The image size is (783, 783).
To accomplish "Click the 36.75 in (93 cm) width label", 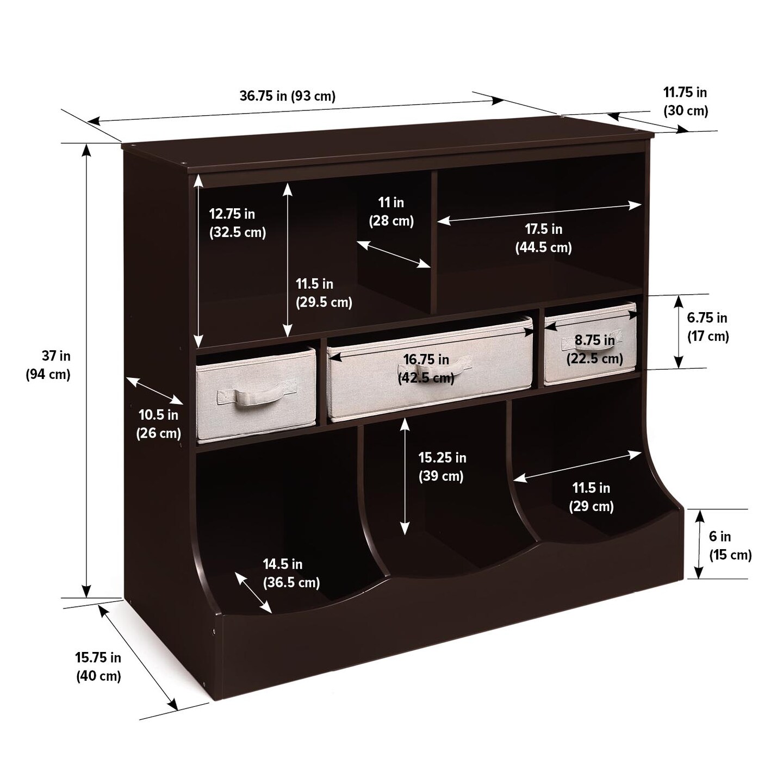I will pyautogui.click(x=287, y=96).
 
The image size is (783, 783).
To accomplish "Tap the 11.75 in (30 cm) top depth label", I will pyautogui.click(x=685, y=102).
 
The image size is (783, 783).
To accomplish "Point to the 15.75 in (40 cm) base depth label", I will pyautogui.click(x=98, y=667).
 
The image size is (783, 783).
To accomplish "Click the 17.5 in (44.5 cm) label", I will pyautogui.click(x=543, y=238).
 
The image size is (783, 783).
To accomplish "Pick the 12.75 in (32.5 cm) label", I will pyautogui.click(x=238, y=223).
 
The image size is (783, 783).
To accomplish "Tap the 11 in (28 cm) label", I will pyautogui.click(x=391, y=212).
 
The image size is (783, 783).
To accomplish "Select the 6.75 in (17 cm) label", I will pyautogui.click(x=707, y=327).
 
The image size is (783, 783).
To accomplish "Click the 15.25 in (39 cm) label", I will pyautogui.click(x=442, y=467).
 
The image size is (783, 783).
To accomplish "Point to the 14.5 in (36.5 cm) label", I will pyautogui.click(x=291, y=573).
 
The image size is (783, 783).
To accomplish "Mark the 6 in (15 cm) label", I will pyautogui.click(x=730, y=545).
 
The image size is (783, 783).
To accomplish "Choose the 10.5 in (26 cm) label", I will pyautogui.click(x=158, y=424).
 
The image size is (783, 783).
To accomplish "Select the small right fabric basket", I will pyautogui.click(x=590, y=344).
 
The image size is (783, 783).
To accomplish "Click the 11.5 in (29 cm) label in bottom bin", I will pyautogui.click(x=591, y=497).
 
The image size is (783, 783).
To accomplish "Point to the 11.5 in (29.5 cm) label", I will pyautogui.click(x=324, y=293).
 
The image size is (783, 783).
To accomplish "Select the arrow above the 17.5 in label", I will pyautogui.click(x=539, y=213).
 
